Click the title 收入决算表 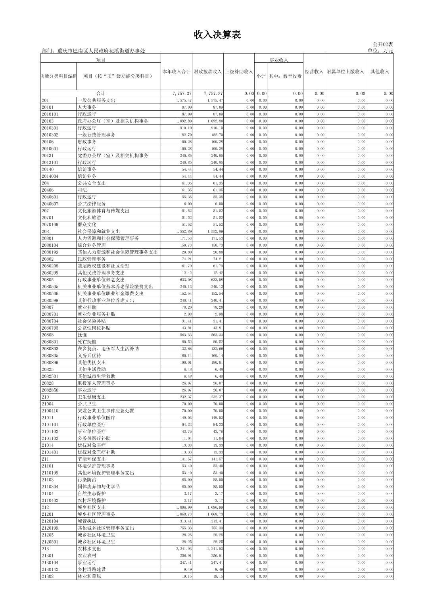217,35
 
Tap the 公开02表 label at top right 383,44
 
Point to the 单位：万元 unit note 380,51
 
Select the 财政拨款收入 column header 207,72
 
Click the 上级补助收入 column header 239,72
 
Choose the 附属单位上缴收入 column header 345,72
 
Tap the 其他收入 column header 380,72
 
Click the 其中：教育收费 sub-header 285,76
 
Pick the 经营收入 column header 314,72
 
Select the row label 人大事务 87,107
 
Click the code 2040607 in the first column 50,204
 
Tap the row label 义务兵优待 89,355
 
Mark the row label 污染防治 87,480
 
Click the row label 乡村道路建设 92,569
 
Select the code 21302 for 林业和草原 48,576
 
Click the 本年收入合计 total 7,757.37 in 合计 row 182,94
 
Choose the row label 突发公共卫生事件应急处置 106,411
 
